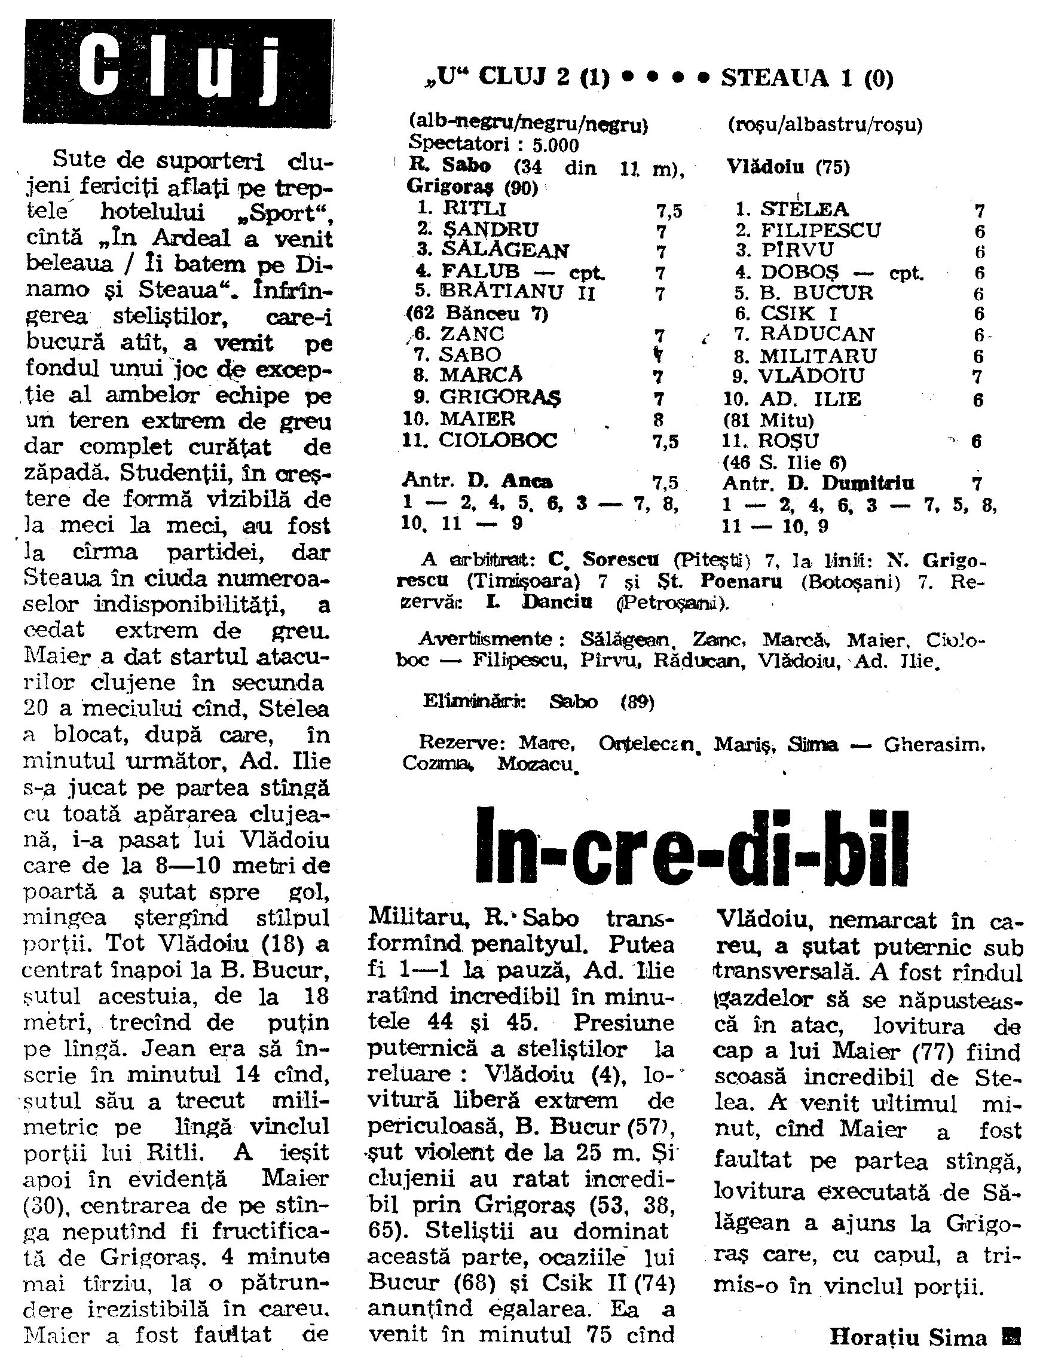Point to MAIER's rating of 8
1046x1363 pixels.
(659, 419)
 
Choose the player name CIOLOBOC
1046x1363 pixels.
(498, 440)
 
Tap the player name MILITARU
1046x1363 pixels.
(818, 356)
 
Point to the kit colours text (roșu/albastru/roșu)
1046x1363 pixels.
(825, 126)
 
